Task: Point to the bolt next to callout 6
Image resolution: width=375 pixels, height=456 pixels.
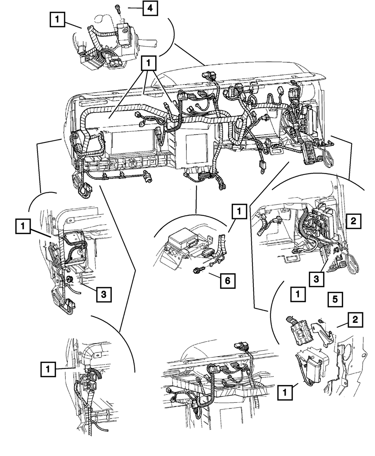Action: tap(197, 270)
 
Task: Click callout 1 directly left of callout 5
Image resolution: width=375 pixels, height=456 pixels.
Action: tap(298, 295)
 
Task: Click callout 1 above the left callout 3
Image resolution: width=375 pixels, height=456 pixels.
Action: tap(23, 226)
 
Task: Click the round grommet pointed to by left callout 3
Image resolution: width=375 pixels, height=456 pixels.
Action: tap(69, 279)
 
